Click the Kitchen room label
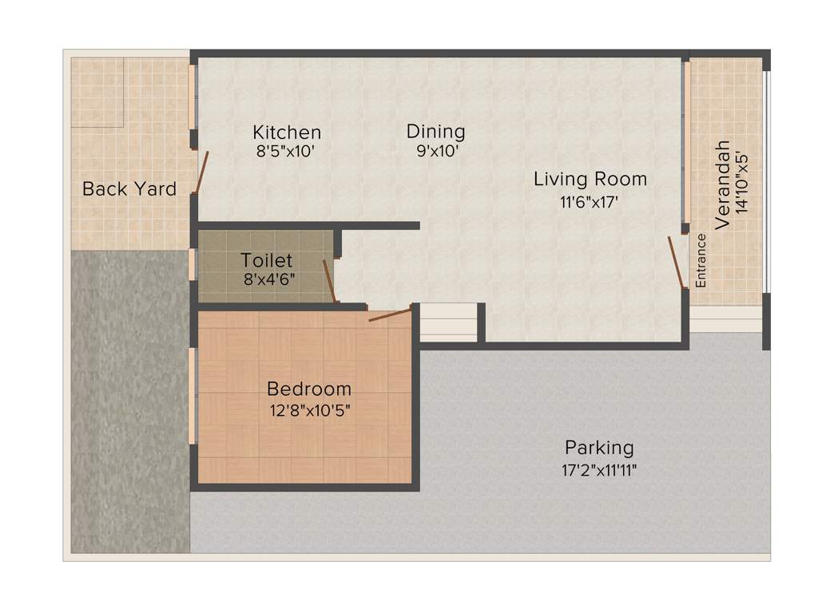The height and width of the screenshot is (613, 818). [287, 132]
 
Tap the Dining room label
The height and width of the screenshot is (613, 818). [435, 132]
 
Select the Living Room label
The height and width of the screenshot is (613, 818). [590, 180]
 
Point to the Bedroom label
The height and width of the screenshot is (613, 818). [309, 390]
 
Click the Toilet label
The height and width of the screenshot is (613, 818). [267, 261]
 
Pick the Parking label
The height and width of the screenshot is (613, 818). [599, 448]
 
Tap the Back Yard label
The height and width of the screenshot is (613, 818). [129, 190]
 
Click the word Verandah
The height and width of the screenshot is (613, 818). [723, 185]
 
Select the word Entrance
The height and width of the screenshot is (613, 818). [701, 261]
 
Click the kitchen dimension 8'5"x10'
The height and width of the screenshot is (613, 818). [287, 152]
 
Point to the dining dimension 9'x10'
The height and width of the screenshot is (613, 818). [436, 151]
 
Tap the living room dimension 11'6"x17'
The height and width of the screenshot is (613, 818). [590, 202]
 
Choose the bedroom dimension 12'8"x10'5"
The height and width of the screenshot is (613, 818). [310, 411]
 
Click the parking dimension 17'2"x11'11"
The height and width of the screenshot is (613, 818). [599, 470]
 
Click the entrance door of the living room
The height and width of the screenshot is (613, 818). [677, 262]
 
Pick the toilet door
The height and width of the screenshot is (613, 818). [328, 281]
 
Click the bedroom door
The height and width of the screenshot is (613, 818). [390, 314]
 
